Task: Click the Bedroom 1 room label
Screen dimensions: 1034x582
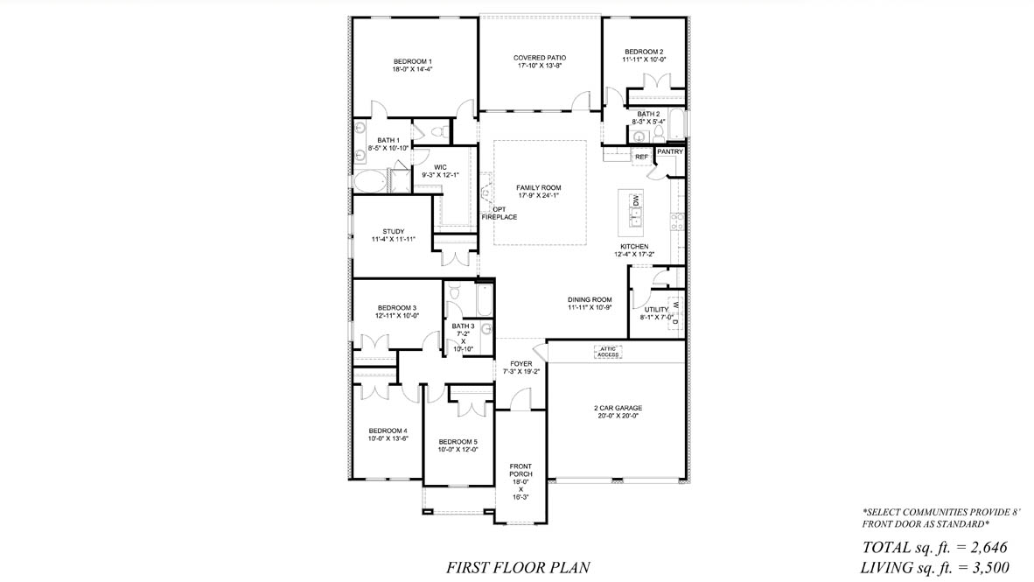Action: pyautogui.click(x=413, y=61)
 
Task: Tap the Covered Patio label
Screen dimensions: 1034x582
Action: pyautogui.click(x=540, y=58)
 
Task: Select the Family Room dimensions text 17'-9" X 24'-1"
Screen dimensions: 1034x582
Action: pyautogui.click(x=539, y=195)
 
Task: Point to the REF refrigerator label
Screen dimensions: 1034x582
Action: pyautogui.click(x=641, y=157)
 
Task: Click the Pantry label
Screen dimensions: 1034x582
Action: pyautogui.click(x=670, y=151)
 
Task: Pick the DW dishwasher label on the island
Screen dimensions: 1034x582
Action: pyautogui.click(x=636, y=200)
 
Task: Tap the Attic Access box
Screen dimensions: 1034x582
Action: pyautogui.click(x=608, y=352)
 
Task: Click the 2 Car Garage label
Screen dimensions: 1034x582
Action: pyautogui.click(x=618, y=408)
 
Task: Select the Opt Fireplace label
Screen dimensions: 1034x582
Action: pyautogui.click(x=500, y=214)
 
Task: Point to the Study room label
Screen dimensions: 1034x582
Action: pyautogui.click(x=394, y=232)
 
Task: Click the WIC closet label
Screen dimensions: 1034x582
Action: pyautogui.click(x=440, y=168)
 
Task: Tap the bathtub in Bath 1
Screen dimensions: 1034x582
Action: pyautogui.click(x=370, y=181)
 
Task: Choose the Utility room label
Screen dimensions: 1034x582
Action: pyautogui.click(x=656, y=310)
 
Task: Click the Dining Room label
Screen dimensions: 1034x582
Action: pyautogui.click(x=590, y=299)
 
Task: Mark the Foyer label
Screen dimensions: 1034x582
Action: pyautogui.click(x=521, y=363)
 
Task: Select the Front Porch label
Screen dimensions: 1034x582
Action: pyautogui.click(x=520, y=470)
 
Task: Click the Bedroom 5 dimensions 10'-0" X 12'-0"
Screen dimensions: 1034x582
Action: pyautogui.click(x=458, y=449)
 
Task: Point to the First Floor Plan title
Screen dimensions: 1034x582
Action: pyautogui.click(x=518, y=567)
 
